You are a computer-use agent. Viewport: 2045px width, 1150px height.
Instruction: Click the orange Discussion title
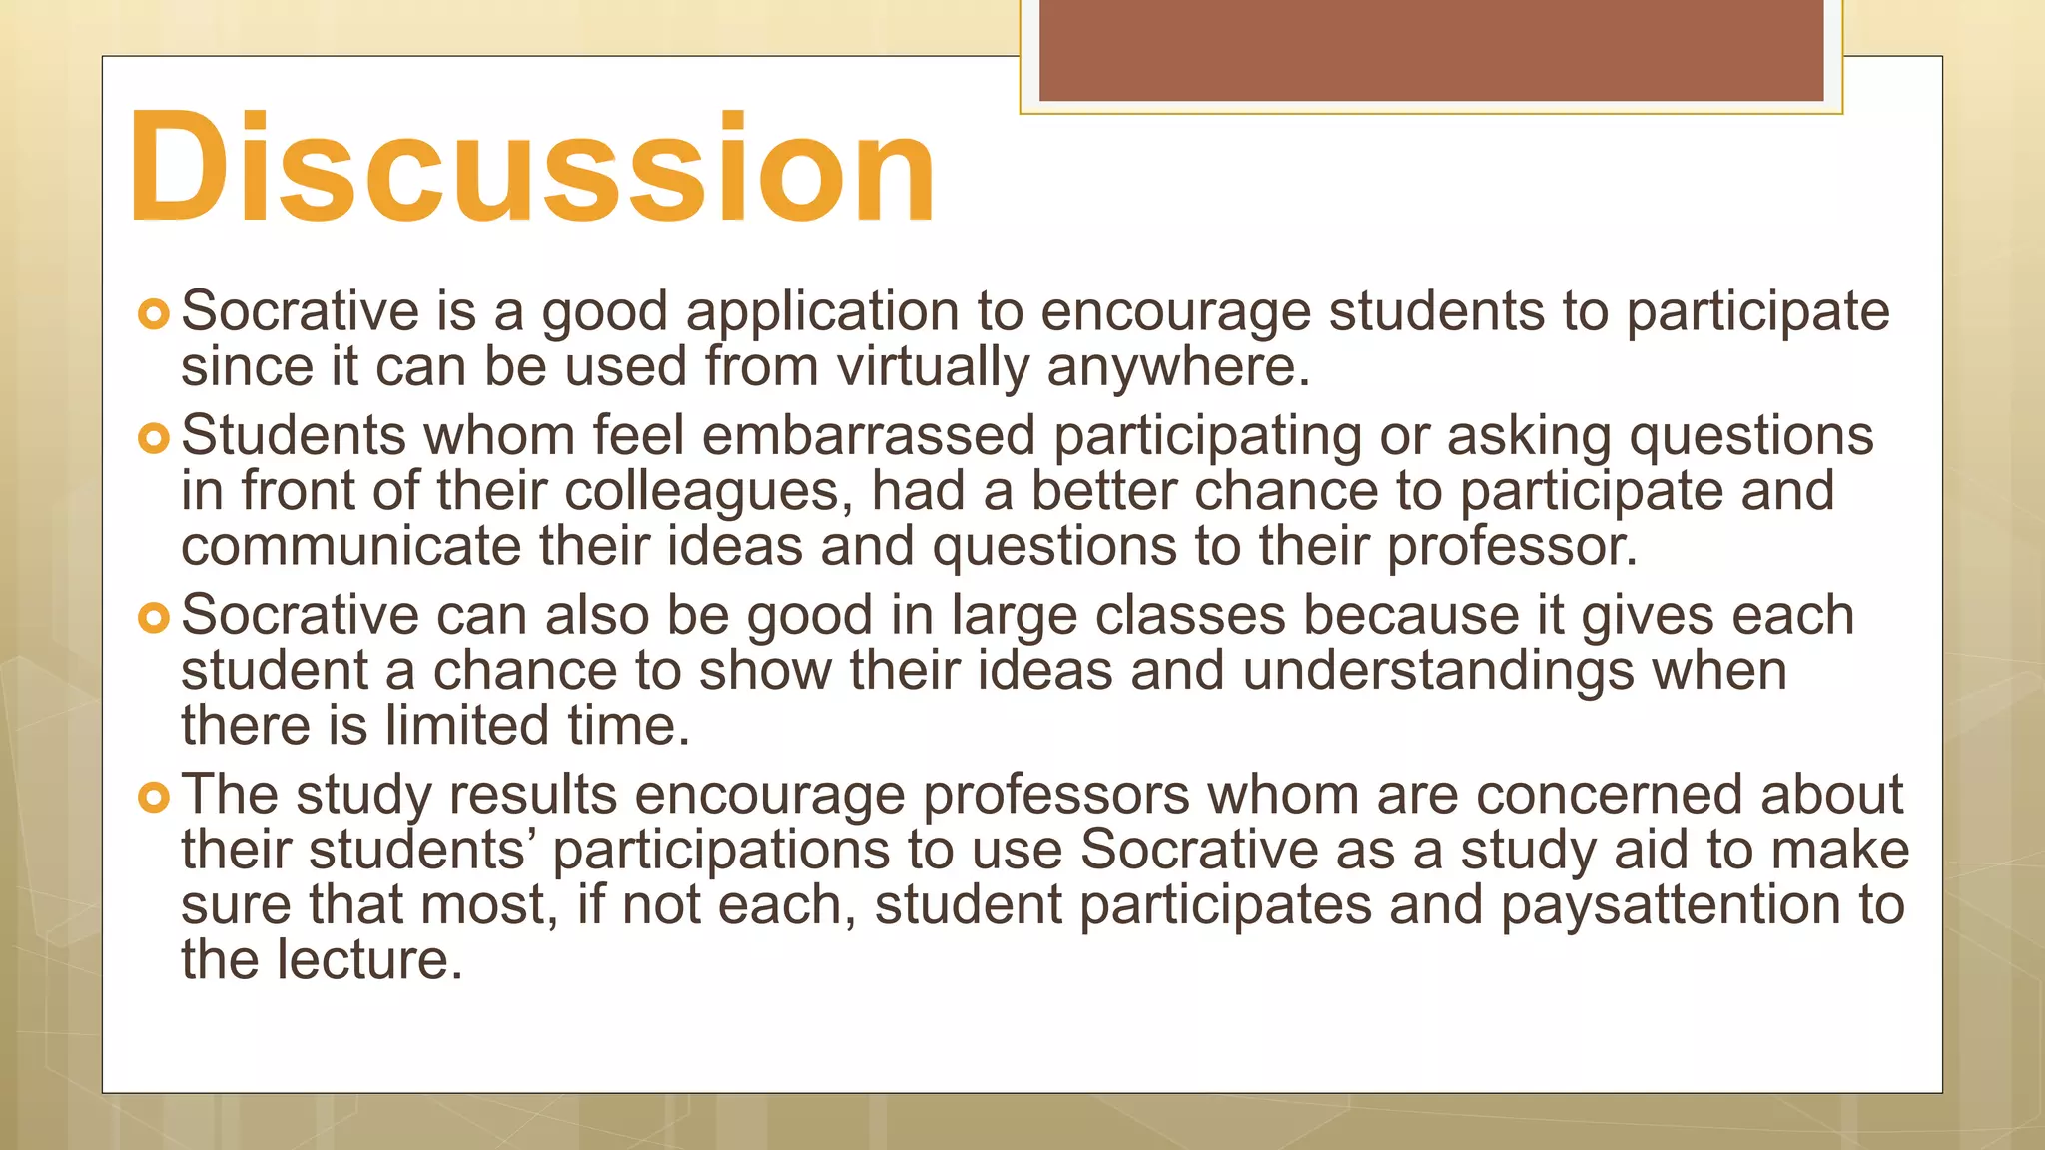point(532,168)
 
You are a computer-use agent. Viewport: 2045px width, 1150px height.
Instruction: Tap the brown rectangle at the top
point(1431,50)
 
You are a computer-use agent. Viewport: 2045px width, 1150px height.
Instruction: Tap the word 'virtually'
point(933,367)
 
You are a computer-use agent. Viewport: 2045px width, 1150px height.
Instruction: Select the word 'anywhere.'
point(1178,367)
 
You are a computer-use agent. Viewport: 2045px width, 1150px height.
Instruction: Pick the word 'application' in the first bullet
point(823,312)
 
